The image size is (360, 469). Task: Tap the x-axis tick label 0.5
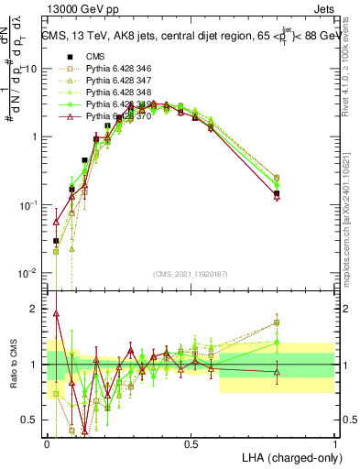pos(191,444)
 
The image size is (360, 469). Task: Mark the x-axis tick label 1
pos(334,444)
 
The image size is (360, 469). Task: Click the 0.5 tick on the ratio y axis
pos(32,420)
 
